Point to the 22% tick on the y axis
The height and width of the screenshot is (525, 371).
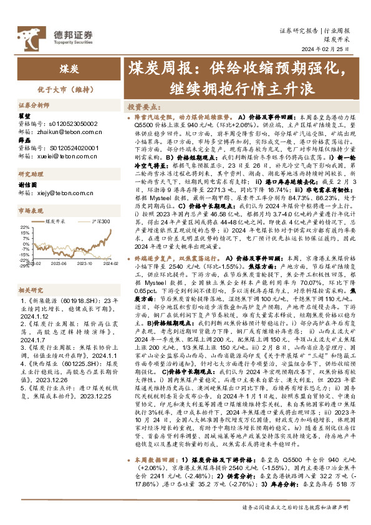click(x=25, y=227)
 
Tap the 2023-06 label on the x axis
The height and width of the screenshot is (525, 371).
click(x=59, y=264)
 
